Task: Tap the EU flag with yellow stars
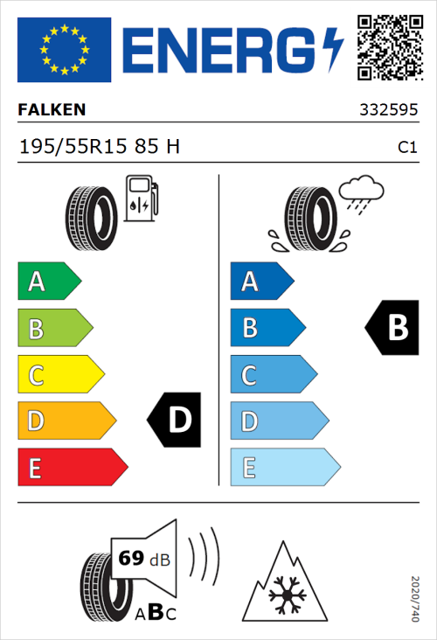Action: (64, 50)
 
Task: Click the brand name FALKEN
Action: (52, 111)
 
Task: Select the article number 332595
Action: (389, 111)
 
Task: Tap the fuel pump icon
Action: (141, 198)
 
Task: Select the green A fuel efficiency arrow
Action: (48, 282)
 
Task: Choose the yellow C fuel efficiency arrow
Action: (59, 375)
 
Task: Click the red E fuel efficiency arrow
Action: (72, 468)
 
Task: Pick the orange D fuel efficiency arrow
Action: (66, 421)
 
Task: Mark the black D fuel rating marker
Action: (175, 421)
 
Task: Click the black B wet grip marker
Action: (392, 328)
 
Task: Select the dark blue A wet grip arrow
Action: (260, 282)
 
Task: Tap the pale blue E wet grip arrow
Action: (284, 468)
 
